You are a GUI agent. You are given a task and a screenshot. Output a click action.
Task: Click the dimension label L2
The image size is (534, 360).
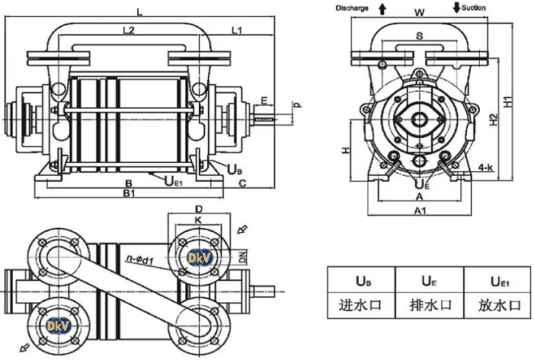tap(128, 31)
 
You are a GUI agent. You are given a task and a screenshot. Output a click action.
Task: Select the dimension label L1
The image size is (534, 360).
tap(236, 31)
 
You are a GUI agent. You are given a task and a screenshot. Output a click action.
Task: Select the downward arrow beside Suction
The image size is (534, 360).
tap(456, 8)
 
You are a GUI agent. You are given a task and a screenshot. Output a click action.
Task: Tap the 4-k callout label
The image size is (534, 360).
tap(485, 165)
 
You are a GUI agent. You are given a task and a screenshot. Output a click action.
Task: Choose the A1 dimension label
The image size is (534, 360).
tap(420, 210)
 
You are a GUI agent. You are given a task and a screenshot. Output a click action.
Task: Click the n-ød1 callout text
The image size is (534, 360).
tap(142, 260)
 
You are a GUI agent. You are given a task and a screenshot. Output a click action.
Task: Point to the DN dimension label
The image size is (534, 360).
tap(241, 258)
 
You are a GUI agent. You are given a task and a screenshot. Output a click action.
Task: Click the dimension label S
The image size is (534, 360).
tap(420, 36)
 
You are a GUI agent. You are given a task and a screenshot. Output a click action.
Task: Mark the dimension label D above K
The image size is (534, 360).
tap(198, 209)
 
